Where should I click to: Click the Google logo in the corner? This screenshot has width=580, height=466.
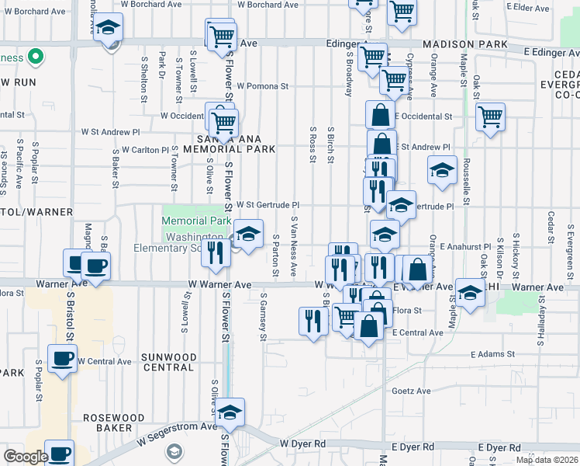26,457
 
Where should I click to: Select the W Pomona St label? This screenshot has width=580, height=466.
262,86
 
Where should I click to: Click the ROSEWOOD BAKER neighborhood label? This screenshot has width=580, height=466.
114,423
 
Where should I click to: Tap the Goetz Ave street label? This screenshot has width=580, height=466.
410,391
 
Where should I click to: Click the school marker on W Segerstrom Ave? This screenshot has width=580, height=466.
230,412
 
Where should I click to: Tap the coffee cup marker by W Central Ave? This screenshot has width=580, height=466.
63,359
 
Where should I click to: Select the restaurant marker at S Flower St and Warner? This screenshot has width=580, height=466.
216,252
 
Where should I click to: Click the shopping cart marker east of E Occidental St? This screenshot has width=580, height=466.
490,118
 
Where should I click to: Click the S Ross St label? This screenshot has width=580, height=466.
313,145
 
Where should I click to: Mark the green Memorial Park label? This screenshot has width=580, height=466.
196,221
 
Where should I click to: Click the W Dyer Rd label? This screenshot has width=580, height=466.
303,443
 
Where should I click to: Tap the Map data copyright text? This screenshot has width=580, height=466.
546,460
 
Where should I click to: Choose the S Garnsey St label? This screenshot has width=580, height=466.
264,317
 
